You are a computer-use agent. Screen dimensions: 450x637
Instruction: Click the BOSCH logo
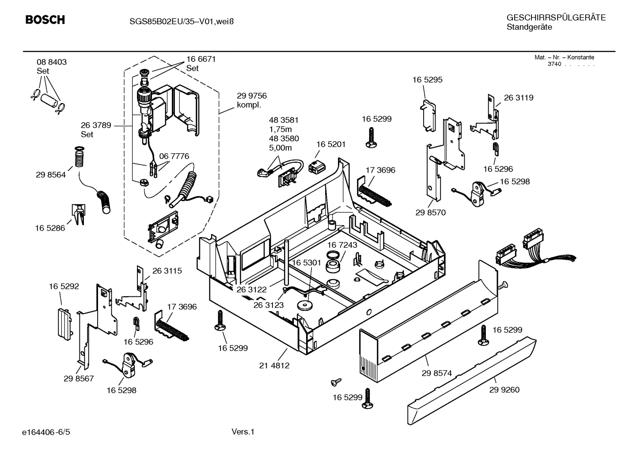[45, 20]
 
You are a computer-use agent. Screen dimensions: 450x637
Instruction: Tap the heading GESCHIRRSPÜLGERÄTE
[556, 18]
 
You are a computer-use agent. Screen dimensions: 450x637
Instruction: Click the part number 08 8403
[52, 62]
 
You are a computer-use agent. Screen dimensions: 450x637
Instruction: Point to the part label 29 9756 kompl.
[252, 100]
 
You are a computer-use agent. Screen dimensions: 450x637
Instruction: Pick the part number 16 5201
[331, 144]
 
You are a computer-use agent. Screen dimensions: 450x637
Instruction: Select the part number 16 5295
[427, 80]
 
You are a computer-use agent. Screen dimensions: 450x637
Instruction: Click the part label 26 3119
[519, 98]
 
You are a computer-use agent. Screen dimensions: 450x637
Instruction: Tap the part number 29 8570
[430, 212]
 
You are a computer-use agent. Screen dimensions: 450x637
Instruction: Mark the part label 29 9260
[504, 389]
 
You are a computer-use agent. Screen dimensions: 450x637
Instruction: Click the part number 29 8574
[436, 373]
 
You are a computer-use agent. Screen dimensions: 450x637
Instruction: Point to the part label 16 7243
[342, 245]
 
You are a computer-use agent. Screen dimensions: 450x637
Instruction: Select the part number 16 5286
[50, 228]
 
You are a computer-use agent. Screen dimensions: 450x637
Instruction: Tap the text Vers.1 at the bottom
[243, 431]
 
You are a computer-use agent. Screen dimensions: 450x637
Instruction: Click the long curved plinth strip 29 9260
[473, 380]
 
